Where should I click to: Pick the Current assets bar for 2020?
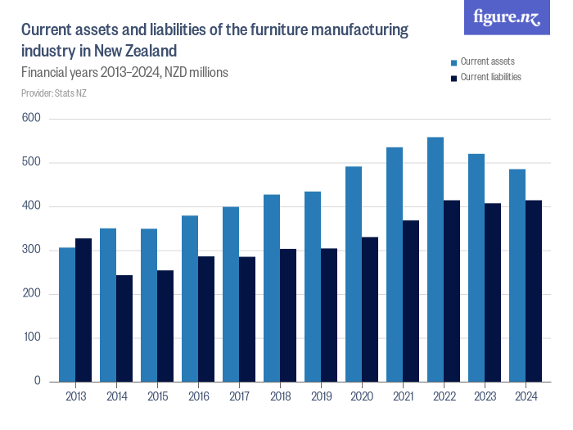[354, 274]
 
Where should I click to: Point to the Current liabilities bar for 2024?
[534, 291]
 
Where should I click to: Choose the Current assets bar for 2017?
[231, 294]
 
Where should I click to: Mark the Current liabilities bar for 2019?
[329, 315]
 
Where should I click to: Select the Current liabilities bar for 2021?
[411, 301]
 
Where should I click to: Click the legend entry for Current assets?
[487, 61]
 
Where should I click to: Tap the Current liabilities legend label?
[490, 77]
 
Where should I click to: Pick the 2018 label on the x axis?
[280, 396]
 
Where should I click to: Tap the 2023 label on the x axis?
[485, 396]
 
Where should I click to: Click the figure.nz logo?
[508, 17]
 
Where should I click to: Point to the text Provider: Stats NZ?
[54, 93]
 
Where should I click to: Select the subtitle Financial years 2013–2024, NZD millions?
[124, 72]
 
